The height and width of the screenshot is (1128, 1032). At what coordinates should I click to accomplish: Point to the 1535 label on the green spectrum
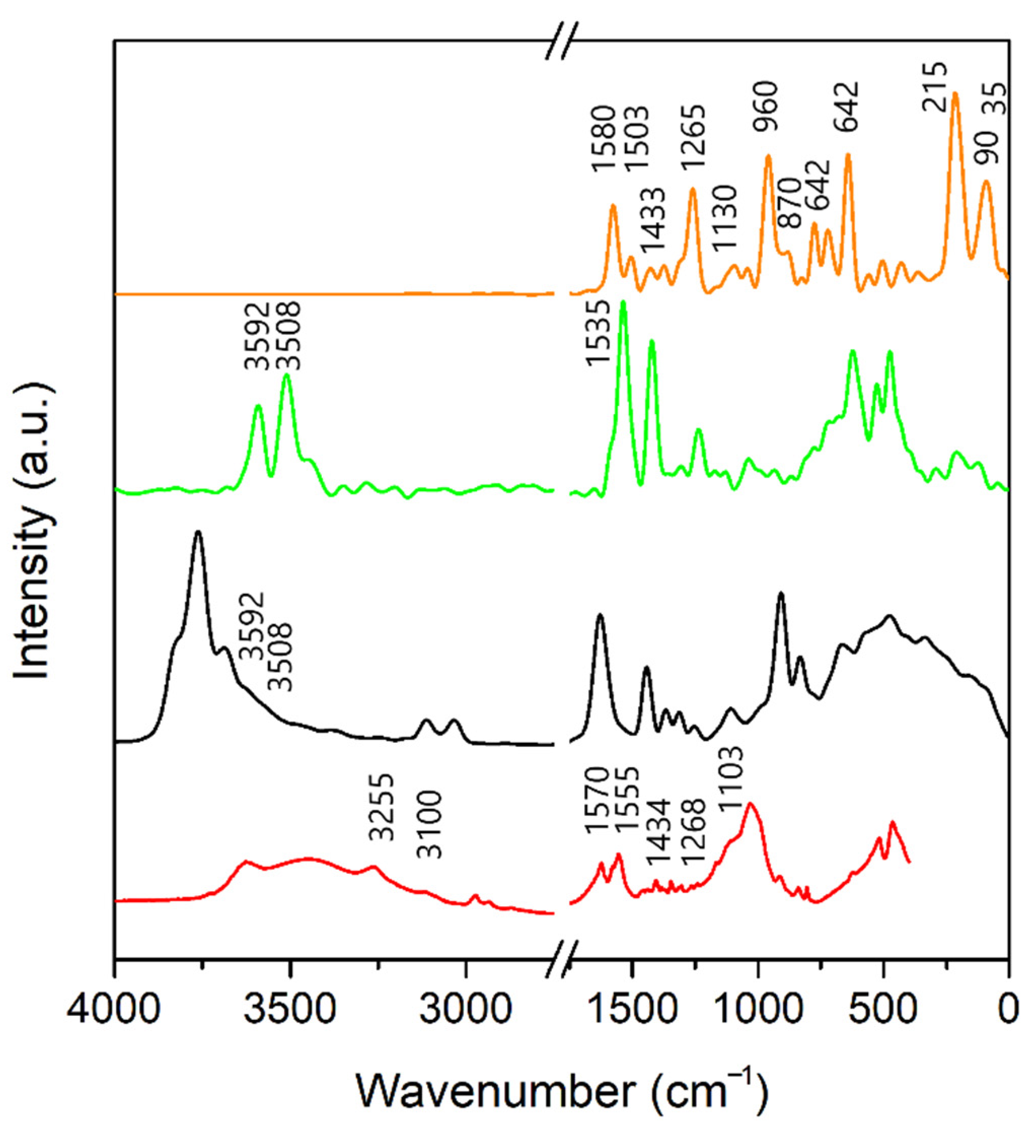(x=597, y=333)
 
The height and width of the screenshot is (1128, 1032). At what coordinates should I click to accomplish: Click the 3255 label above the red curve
(x=382, y=807)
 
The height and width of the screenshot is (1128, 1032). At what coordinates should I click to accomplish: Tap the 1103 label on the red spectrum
(x=731, y=780)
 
